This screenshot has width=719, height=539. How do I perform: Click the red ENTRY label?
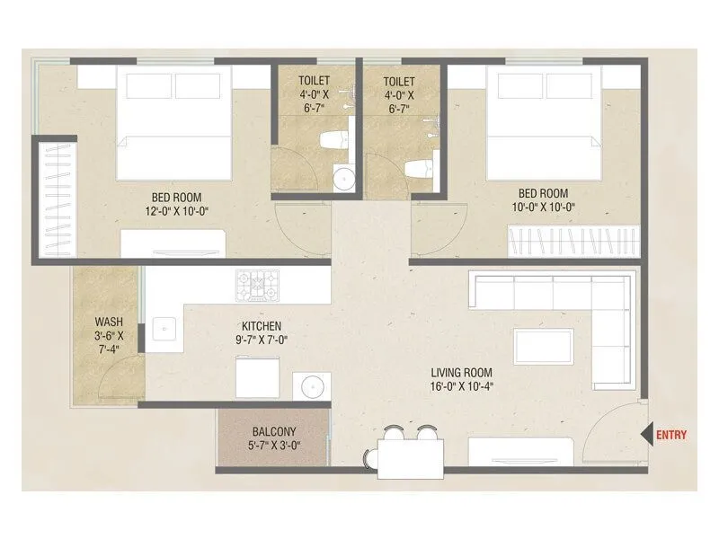click(671, 436)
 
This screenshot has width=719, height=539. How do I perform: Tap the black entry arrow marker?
click(645, 436)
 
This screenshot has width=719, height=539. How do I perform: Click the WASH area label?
click(110, 323)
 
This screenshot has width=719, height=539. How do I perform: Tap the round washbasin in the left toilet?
click(343, 178)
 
